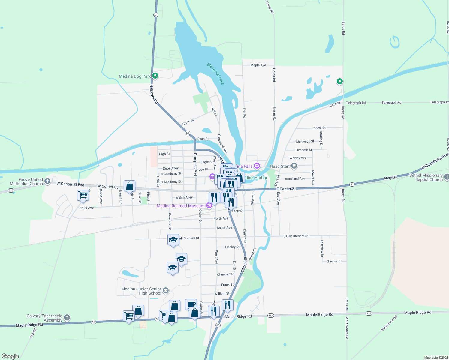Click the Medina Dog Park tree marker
coord(155,76)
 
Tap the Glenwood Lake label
coord(215,74)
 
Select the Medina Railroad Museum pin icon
coord(209,205)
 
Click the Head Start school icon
coord(294,166)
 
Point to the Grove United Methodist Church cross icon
coord(47,181)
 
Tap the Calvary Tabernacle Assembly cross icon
coord(67,317)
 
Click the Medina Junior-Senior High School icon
coord(165,290)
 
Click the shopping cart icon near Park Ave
coord(83,195)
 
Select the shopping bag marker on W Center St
coord(129,186)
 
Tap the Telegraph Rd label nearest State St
coord(356,103)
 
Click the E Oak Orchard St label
coord(296,236)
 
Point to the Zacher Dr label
coord(334,261)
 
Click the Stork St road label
coord(188,122)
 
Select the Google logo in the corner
coord(10,356)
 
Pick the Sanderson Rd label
coord(389,323)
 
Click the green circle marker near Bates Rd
coord(339,81)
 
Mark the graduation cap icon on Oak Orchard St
coord(173,240)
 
